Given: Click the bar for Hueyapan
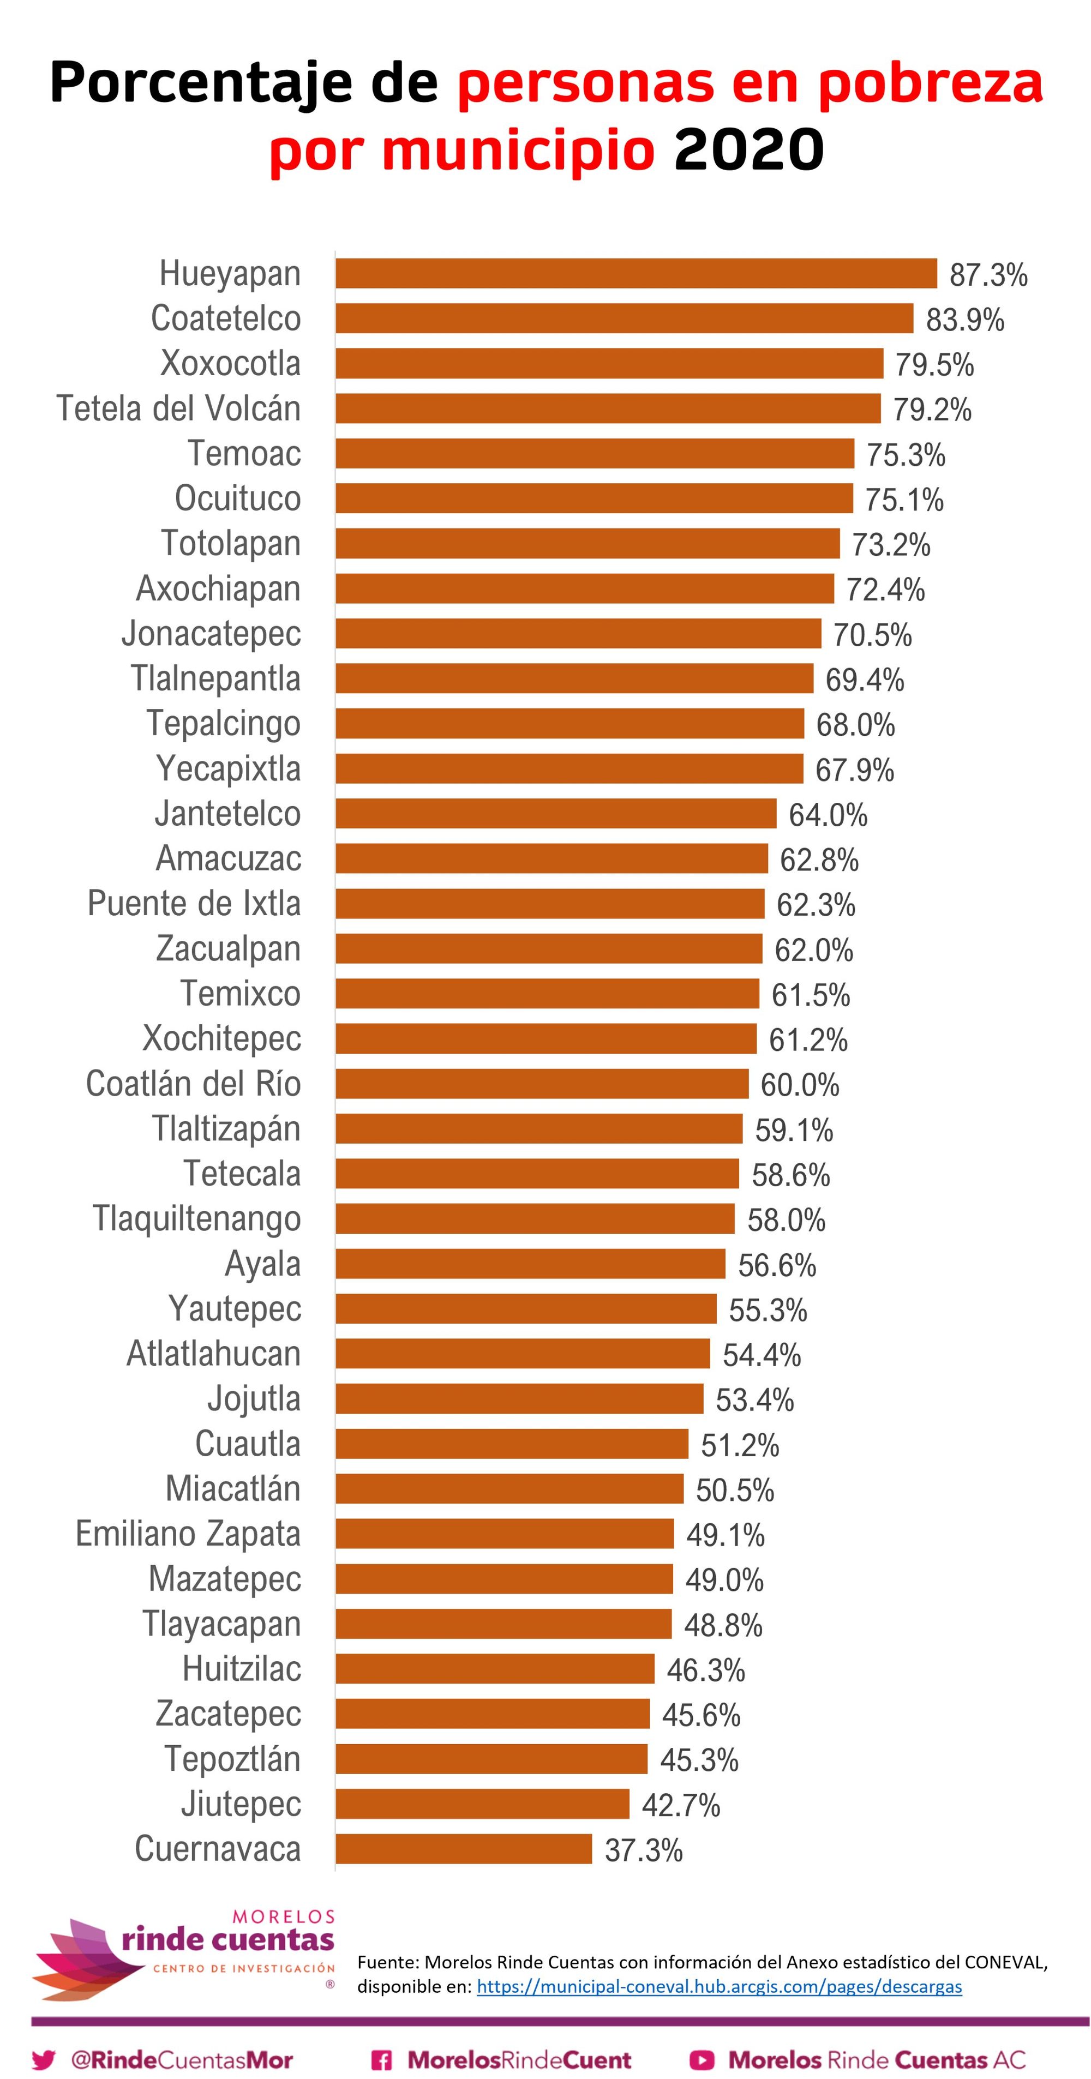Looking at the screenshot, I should (636, 274).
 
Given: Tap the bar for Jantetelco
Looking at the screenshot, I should (556, 814).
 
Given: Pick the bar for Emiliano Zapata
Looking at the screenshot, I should (505, 1534).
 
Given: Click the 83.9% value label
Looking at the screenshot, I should (964, 320).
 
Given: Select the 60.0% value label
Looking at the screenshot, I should (799, 1085).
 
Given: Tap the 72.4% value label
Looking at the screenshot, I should (884, 590).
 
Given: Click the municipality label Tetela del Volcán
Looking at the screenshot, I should (178, 408).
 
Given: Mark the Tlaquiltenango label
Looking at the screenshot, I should (197, 1219).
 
